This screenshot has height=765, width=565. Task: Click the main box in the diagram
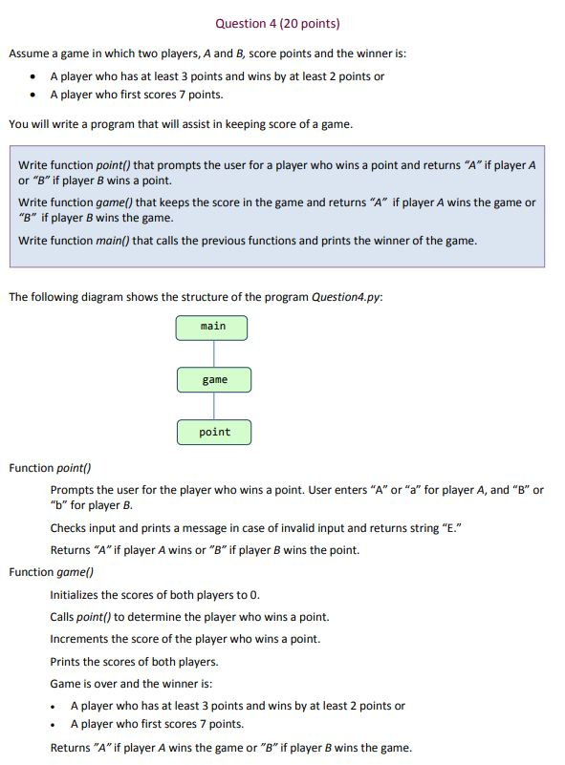tap(212, 328)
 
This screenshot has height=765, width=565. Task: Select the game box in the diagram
tap(214, 380)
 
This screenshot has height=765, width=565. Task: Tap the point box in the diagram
tap(214, 433)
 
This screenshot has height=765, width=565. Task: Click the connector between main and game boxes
tap(213, 353)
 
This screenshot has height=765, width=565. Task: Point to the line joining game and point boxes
tap(214, 406)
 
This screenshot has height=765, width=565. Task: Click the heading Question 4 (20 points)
tap(277, 23)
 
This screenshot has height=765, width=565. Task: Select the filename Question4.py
tap(347, 297)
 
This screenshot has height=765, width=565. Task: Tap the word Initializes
tap(77, 594)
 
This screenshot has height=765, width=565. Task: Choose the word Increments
tap(80, 639)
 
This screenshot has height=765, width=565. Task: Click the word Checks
tap(69, 527)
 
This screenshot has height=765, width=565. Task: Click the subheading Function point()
tap(50, 468)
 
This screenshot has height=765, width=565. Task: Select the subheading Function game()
tap(51, 572)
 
